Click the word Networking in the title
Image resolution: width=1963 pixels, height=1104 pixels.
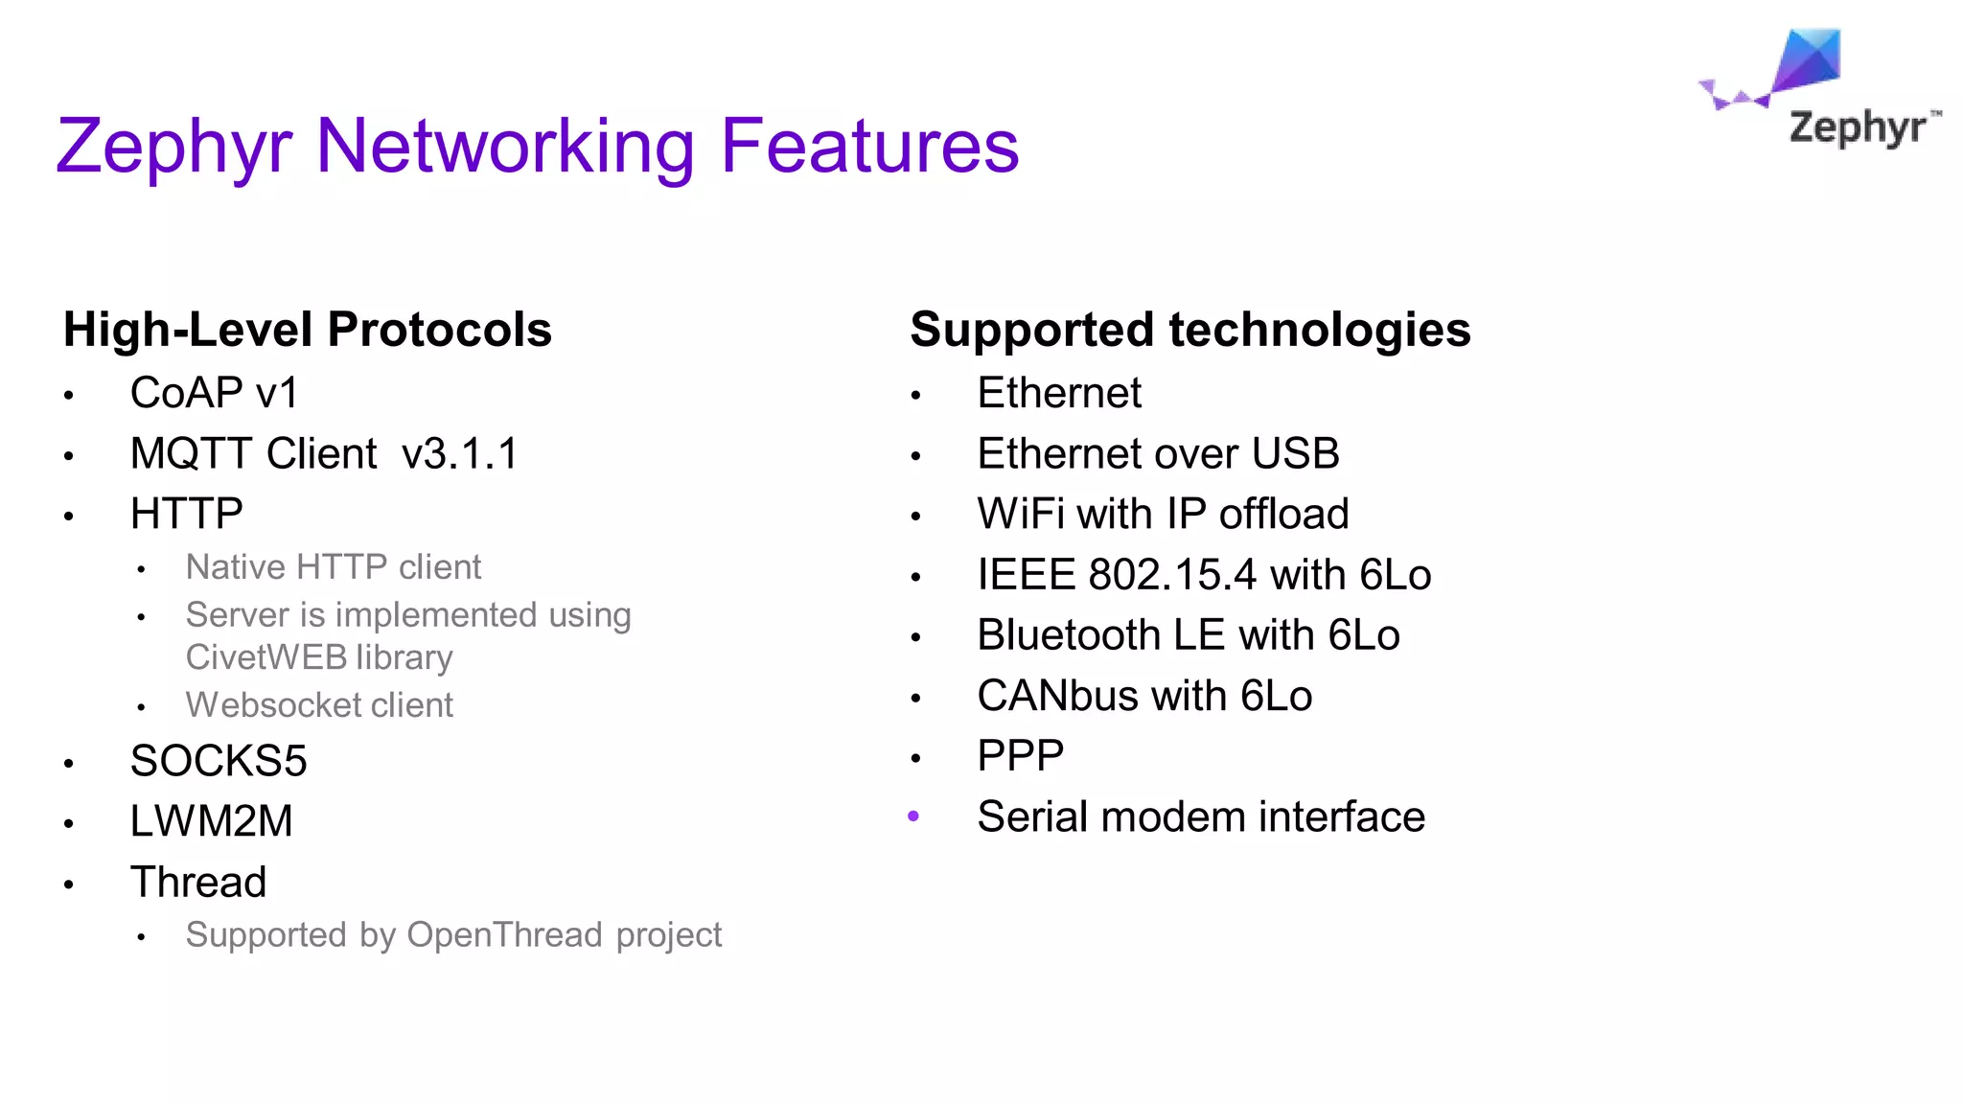[x=504, y=146]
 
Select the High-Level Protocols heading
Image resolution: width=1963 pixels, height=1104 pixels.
[x=307, y=330]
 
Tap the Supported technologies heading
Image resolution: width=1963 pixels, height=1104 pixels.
[x=1189, y=330]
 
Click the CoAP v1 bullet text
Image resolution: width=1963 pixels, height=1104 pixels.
[x=214, y=393]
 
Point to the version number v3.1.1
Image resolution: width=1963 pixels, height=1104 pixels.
[x=459, y=453]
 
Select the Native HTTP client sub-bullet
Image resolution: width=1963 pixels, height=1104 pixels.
[x=333, y=567]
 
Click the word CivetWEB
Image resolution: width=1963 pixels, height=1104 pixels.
[x=266, y=657]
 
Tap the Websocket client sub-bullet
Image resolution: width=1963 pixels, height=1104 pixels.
[x=318, y=705]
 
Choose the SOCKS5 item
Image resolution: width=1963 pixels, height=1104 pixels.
[x=219, y=761]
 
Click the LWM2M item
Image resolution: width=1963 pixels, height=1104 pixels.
[x=211, y=821]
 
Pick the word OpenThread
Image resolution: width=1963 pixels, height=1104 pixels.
[x=504, y=934]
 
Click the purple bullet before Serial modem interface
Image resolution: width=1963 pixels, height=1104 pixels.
[x=913, y=816]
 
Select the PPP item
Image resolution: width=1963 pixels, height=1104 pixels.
[x=1020, y=756]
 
